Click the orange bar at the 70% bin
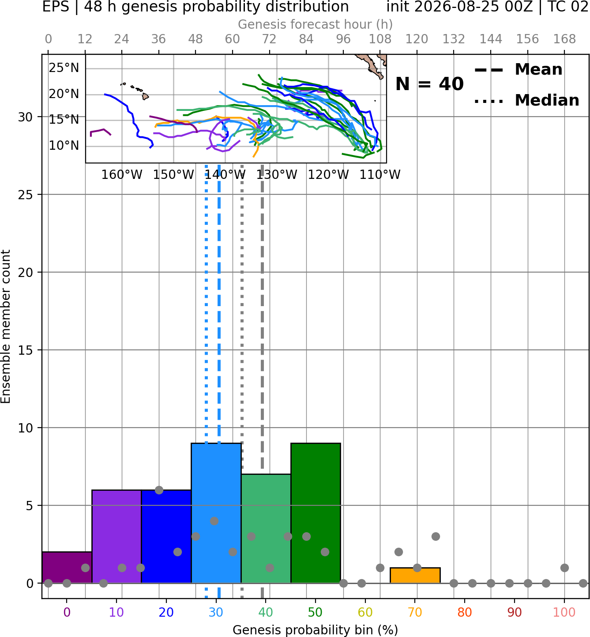(x=415, y=575)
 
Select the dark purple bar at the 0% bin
(x=67, y=567)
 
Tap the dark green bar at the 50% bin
(x=316, y=513)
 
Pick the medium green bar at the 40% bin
(x=266, y=529)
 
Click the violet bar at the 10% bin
(x=116, y=537)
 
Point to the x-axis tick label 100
(x=564, y=612)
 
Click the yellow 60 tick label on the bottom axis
(x=365, y=612)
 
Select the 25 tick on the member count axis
(x=26, y=195)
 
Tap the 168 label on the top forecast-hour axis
(x=564, y=39)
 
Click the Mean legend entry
(x=518, y=69)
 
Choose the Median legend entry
(x=527, y=100)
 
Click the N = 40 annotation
(x=429, y=84)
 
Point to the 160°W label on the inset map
(x=122, y=175)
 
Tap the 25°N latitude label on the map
(x=64, y=68)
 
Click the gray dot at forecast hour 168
(x=564, y=568)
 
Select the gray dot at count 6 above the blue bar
(x=159, y=490)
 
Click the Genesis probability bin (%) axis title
(x=316, y=630)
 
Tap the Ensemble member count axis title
(x=5, y=326)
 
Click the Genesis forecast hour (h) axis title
(x=316, y=24)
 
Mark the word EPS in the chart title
(x=56, y=7)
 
